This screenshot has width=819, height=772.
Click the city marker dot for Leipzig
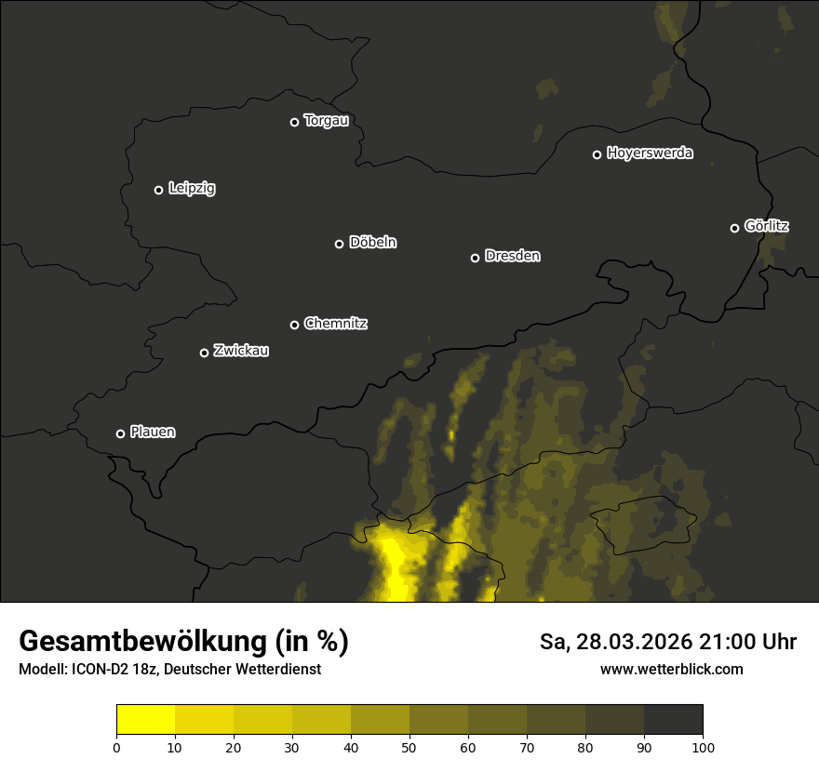[x=158, y=190]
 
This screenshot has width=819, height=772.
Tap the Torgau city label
[x=326, y=121]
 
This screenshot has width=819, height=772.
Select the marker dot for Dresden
[x=475, y=258]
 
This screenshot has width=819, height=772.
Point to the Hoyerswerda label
[x=650, y=153]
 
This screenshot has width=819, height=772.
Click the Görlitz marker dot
[x=734, y=228]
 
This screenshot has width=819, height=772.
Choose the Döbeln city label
[x=372, y=243]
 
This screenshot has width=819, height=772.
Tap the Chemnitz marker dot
[x=294, y=325]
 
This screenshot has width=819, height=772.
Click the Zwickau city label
[x=241, y=351]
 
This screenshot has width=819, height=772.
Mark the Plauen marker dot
[x=120, y=433]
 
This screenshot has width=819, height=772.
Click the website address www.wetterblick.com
[x=671, y=669]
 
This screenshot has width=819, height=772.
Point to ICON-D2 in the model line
[x=99, y=670]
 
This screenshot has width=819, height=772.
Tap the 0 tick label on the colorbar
[x=116, y=747]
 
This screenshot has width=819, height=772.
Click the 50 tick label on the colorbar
[x=409, y=747]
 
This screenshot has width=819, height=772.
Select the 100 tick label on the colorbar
[x=703, y=747]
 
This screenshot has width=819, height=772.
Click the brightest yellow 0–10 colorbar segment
[x=145, y=720]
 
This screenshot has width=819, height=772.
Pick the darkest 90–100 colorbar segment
[x=673, y=720]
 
